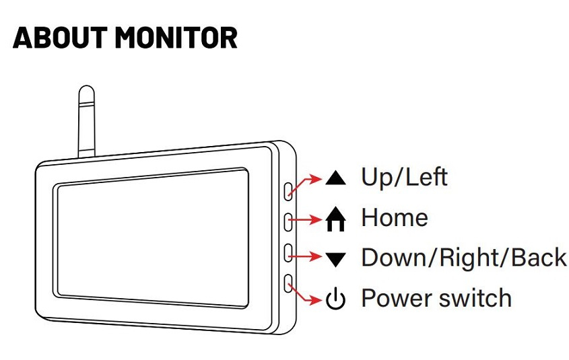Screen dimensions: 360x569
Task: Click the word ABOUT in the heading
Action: [59, 38]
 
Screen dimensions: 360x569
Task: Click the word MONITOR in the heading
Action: [176, 38]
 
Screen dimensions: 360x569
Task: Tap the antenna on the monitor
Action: [86, 121]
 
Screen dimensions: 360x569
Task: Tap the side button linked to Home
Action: [288, 221]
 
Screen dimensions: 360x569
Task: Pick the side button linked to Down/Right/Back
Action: [288, 252]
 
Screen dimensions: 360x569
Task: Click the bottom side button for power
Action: [288, 283]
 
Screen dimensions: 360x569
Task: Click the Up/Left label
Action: [404, 177]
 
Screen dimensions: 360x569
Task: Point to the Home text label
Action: [394, 218]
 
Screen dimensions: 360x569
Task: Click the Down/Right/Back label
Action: [463, 258]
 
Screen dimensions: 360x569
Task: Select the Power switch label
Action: [436, 298]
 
